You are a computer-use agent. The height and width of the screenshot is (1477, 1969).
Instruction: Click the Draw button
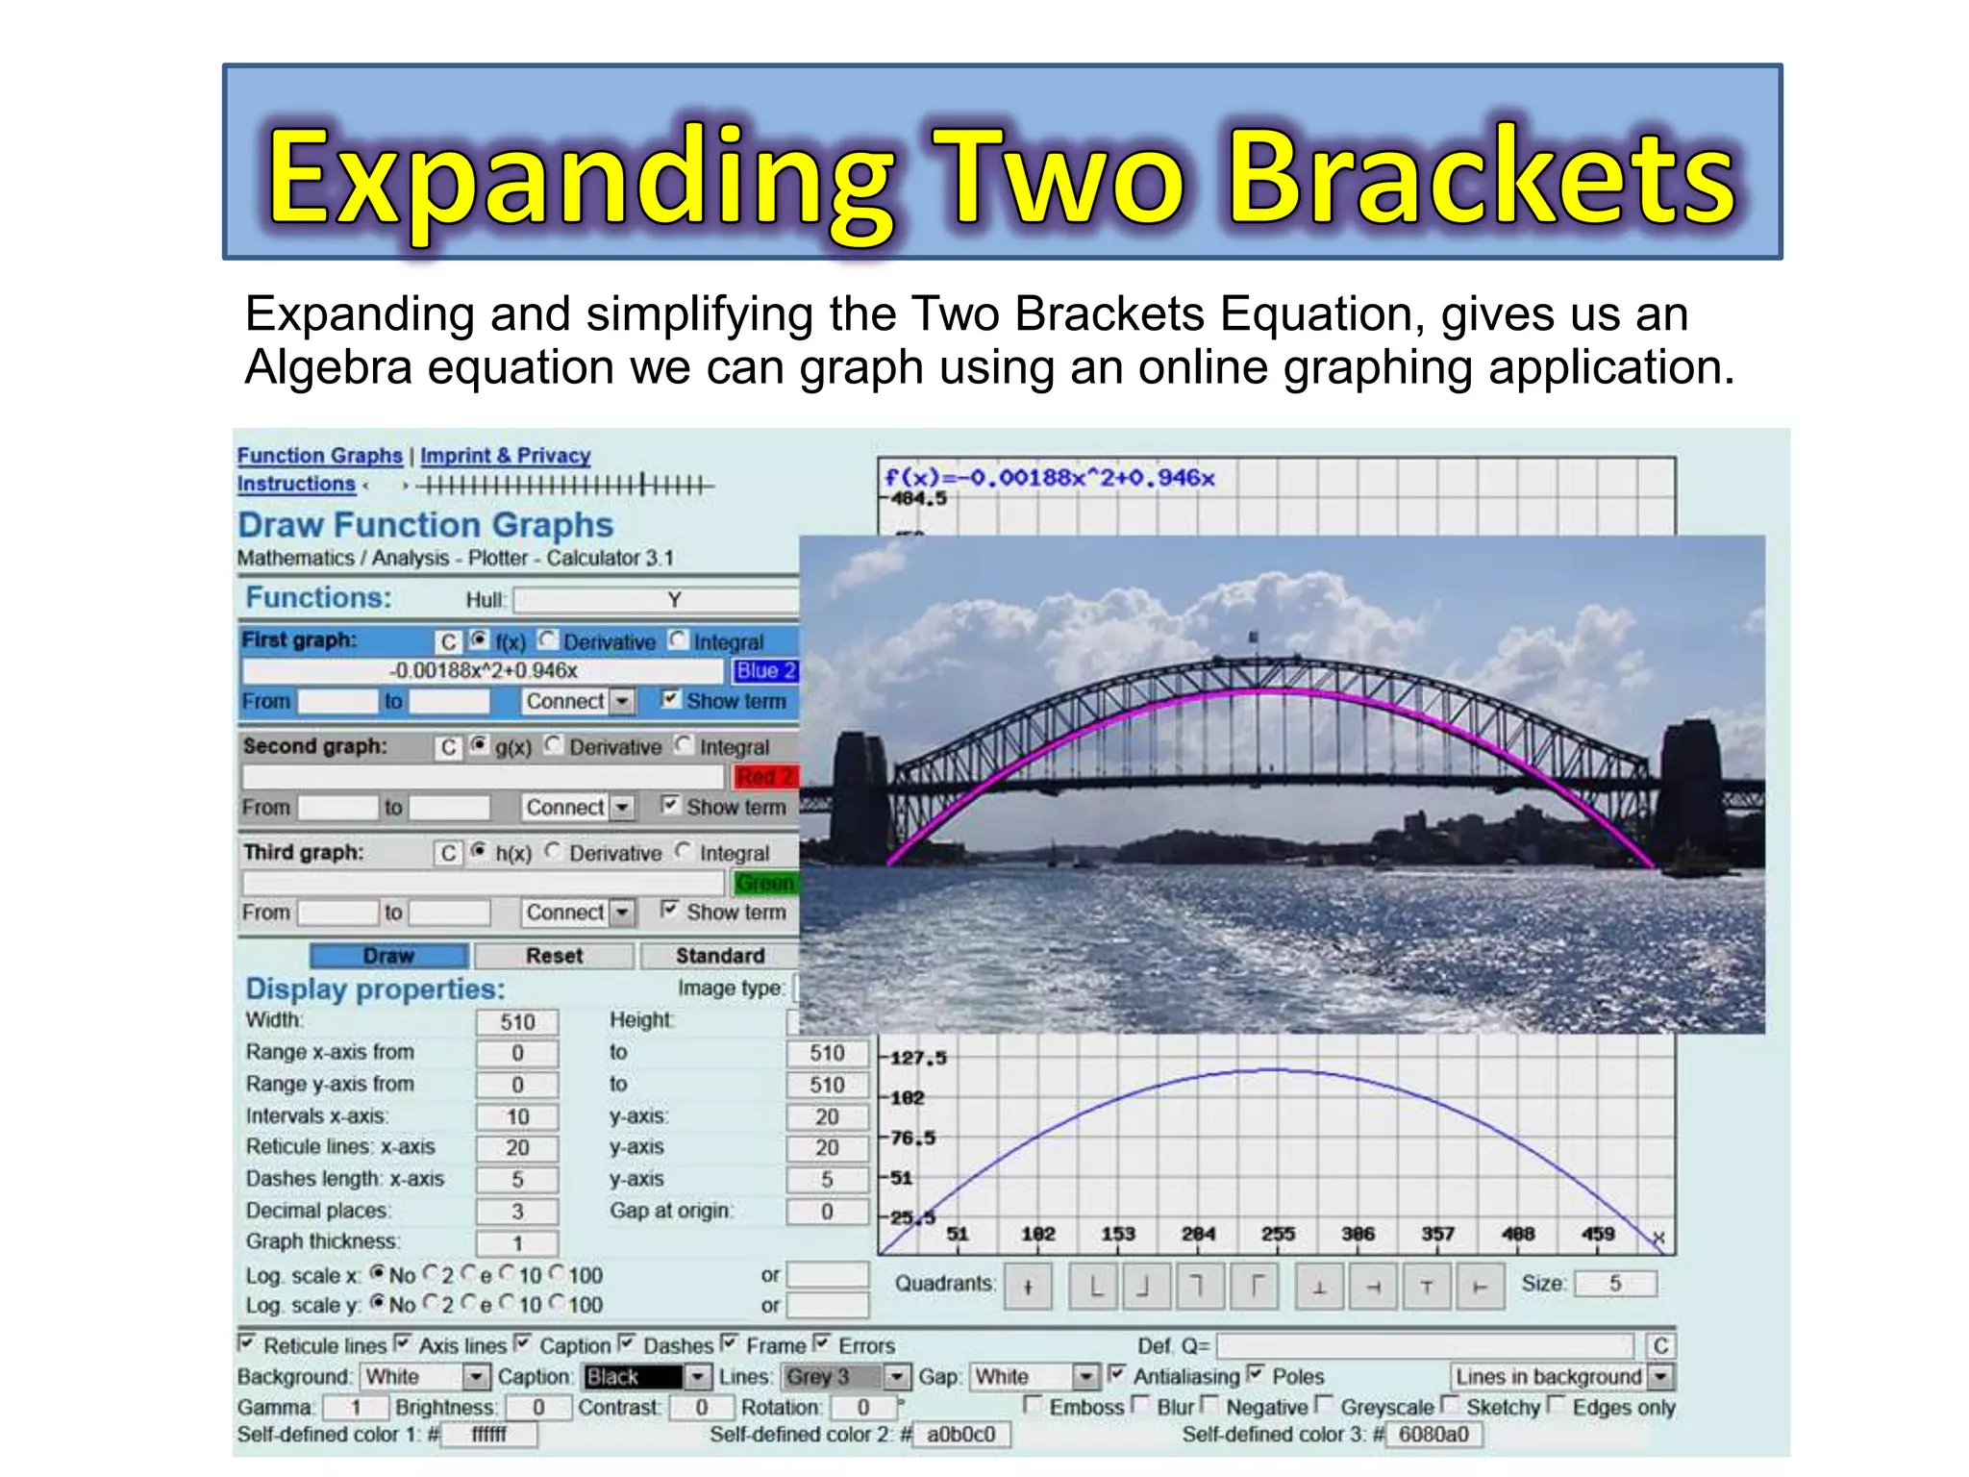(388, 956)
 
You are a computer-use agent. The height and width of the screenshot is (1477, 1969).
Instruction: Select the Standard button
(719, 956)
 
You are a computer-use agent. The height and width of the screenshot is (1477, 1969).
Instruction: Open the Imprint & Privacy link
(505, 456)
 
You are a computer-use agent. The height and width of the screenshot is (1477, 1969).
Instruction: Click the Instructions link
(296, 484)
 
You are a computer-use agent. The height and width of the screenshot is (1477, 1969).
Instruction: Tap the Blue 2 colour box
(765, 671)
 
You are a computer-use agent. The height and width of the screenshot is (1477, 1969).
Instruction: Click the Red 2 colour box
(765, 777)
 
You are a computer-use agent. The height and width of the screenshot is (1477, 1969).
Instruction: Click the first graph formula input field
(483, 671)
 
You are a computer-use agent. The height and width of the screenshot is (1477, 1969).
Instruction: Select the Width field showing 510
(517, 1022)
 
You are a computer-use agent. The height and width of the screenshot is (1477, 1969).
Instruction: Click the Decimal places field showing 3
(517, 1212)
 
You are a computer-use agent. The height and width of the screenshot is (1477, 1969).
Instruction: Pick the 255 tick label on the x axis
(1278, 1234)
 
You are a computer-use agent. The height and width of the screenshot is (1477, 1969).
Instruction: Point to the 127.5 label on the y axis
(918, 1058)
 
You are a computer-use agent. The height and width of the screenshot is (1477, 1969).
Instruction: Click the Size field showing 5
(1615, 1284)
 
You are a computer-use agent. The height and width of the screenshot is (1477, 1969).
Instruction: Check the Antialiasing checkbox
(1117, 1374)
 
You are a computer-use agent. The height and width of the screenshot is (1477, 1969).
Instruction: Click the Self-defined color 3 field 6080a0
(1433, 1435)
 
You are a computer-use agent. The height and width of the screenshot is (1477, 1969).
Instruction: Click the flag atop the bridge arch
(1253, 637)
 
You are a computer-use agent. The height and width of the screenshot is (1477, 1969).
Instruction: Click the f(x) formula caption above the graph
(1049, 478)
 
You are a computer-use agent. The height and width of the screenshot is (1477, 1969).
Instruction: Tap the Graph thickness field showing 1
(517, 1243)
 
